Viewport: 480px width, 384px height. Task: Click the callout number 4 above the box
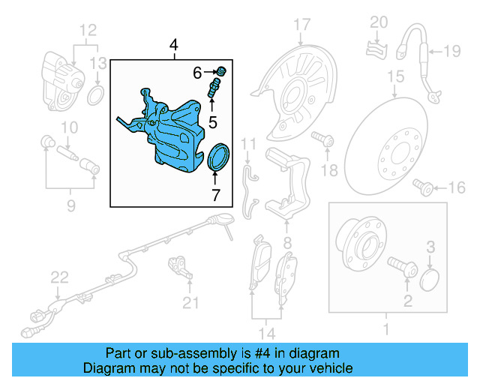pyautogui.click(x=174, y=46)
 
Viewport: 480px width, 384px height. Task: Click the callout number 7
pyautogui.click(x=215, y=196)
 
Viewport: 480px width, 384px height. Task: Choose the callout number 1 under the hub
pyautogui.click(x=387, y=329)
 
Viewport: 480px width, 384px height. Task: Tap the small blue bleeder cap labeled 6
pyautogui.click(x=222, y=71)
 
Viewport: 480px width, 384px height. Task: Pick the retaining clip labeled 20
pyautogui.click(x=374, y=49)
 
